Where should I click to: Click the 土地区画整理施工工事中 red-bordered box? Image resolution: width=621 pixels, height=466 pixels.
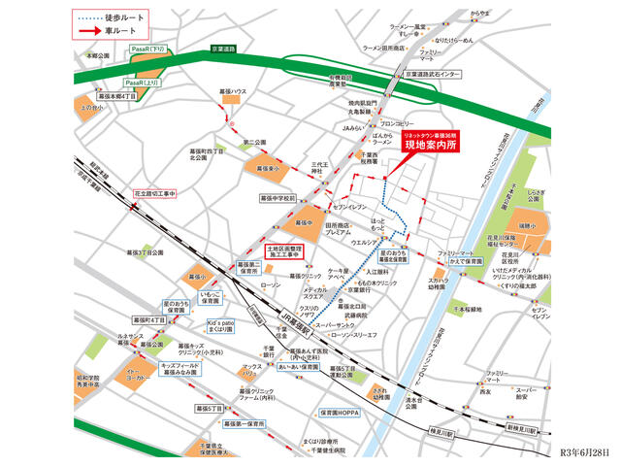pyautogui.click(x=288, y=251)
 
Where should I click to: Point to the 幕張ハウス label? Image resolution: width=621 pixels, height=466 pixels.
pyautogui.click(x=235, y=91)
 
